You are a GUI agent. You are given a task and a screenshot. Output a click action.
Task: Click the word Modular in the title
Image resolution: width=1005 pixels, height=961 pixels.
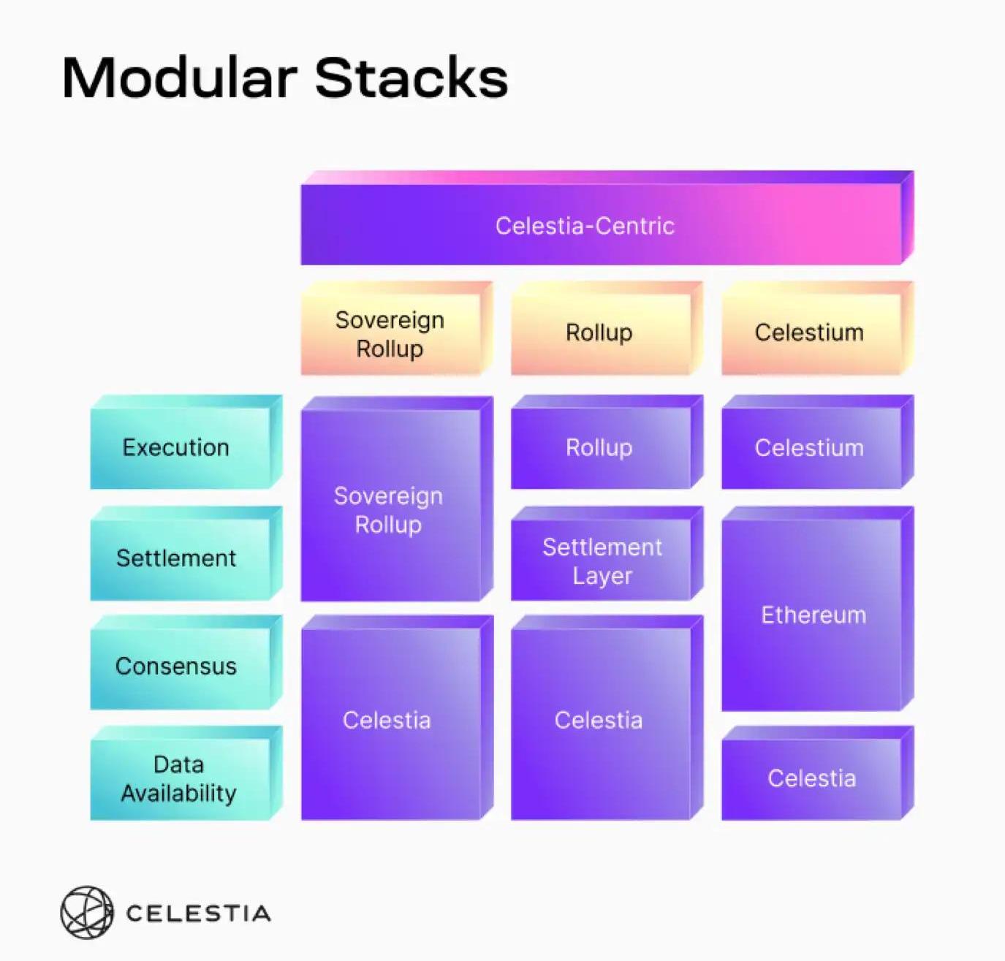(x=179, y=77)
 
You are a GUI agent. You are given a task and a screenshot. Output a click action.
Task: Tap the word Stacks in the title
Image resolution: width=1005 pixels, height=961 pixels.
(x=412, y=77)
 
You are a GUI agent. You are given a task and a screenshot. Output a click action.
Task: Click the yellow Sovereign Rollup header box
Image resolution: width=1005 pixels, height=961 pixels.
(x=390, y=334)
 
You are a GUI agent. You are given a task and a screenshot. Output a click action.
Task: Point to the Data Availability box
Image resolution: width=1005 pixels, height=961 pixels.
(x=179, y=778)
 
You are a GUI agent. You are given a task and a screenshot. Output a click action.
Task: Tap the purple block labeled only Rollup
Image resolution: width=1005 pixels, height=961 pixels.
(x=600, y=448)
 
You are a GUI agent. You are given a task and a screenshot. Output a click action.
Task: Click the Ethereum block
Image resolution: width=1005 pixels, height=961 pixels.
(x=812, y=614)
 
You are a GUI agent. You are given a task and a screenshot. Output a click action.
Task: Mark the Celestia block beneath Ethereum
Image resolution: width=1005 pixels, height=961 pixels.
(x=811, y=778)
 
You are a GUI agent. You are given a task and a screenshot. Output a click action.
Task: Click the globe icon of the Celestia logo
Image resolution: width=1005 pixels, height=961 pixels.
(x=87, y=912)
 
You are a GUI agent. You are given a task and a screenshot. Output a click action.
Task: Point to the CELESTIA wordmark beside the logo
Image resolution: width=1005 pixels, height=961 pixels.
(x=198, y=913)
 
